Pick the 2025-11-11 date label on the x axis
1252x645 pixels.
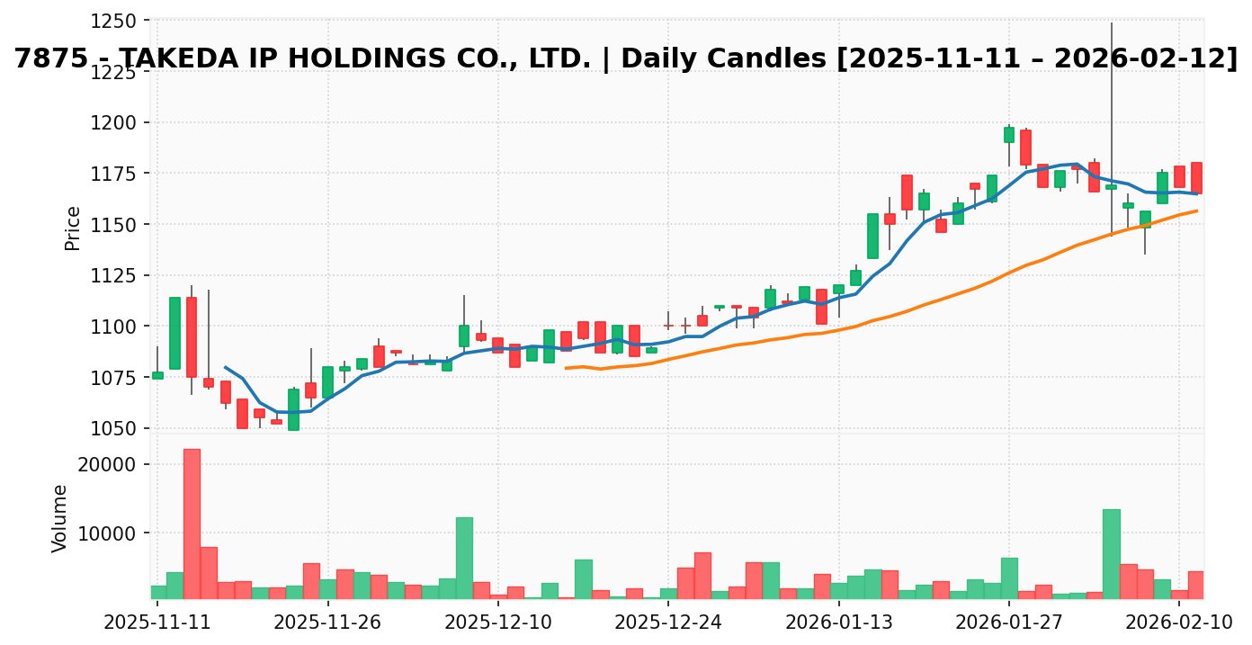[x=157, y=623]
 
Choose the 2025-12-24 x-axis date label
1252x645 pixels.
[x=668, y=623]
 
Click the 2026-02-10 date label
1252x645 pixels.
[x=1179, y=623]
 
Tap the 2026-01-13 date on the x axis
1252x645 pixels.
[x=838, y=623]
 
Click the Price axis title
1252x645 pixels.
[x=73, y=228]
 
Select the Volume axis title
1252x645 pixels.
[x=60, y=518]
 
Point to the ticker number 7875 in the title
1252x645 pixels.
[x=50, y=59]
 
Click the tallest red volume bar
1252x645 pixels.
[x=192, y=524]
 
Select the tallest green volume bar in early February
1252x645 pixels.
[x=1112, y=554]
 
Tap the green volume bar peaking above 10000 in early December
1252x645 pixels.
[x=464, y=558]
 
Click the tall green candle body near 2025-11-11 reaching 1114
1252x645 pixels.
[x=174, y=333]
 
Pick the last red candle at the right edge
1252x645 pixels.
[x=1196, y=177]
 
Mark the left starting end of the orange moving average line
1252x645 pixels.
[x=566, y=368]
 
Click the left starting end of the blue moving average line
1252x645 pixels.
[x=225, y=367]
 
